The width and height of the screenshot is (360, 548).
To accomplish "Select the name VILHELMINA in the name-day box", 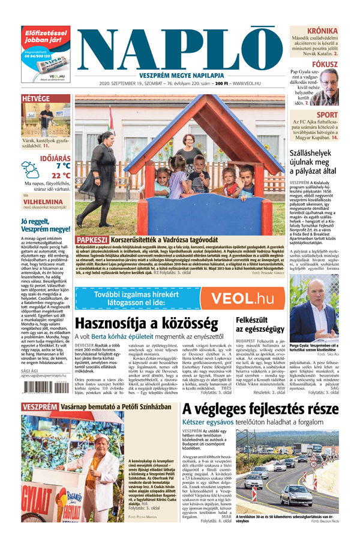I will coord(46,203).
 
